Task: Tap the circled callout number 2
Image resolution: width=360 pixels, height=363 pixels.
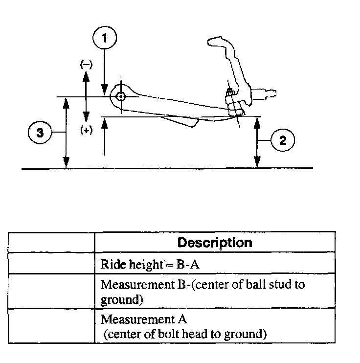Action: (x=282, y=140)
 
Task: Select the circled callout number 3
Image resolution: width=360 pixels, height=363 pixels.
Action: (x=42, y=133)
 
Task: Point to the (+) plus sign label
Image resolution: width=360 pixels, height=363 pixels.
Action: (x=86, y=131)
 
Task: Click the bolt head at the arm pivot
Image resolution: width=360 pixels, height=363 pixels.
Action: (x=120, y=97)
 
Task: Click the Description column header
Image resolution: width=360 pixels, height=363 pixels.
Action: (x=215, y=242)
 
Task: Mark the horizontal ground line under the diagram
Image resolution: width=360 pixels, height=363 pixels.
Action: (x=166, y=168)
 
